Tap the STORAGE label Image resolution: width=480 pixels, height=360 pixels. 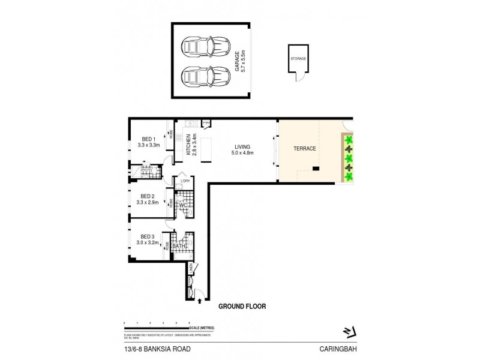(298, 59)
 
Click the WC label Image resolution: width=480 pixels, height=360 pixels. (184, 205)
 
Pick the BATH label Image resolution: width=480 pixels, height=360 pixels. (179, 247)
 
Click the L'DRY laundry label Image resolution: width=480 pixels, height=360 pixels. (185, 180)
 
